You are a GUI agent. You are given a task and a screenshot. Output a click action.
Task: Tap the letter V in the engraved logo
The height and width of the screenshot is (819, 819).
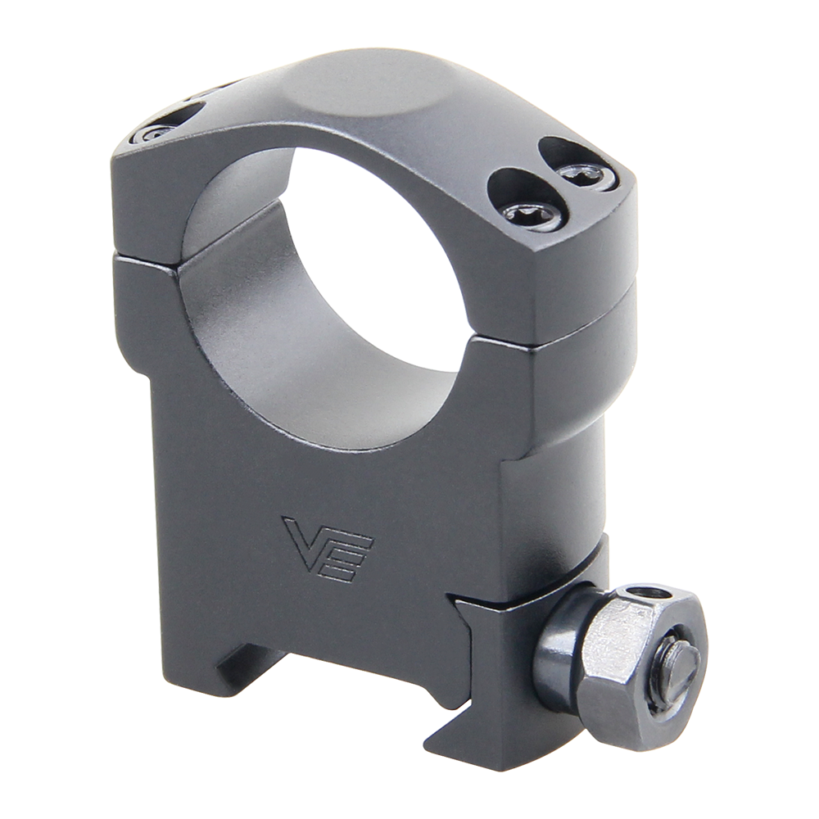(305, 541)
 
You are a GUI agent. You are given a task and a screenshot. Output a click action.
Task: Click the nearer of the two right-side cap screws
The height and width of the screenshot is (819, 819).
(533, 214)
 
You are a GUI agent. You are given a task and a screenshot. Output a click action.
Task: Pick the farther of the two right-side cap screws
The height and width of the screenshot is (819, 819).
(587, 174)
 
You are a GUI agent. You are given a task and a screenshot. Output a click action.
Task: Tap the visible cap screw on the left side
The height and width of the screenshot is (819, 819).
(153, 131)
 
